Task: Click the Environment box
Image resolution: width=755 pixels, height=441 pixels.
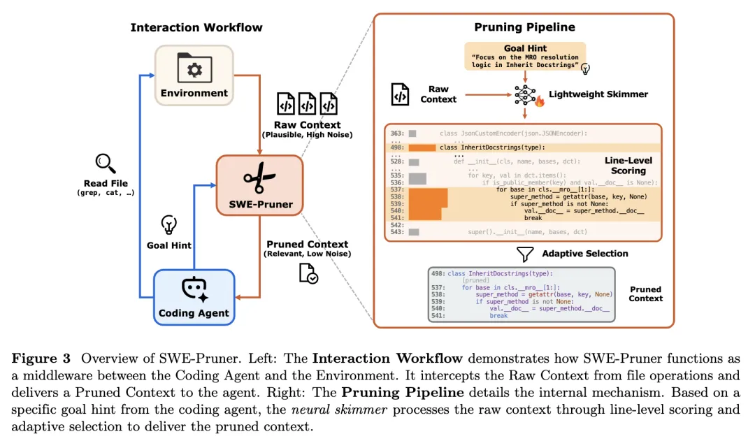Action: (x=194, y=75)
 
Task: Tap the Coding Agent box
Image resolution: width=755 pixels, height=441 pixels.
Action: (x=194, y=297)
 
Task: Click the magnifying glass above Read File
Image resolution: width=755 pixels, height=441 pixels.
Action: (x=106, y=164)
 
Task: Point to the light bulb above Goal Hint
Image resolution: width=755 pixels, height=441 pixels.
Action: (x=168, y=224)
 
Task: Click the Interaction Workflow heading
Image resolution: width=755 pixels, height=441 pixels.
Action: (x=196, y=28)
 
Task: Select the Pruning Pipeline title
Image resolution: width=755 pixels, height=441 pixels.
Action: (x=524, y=27)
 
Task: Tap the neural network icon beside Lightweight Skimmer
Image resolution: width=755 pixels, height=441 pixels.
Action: (x=525, y=94)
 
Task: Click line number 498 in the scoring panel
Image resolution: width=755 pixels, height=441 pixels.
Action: (x=397, y=147)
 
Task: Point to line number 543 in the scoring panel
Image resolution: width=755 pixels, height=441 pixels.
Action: (x=397, y=232)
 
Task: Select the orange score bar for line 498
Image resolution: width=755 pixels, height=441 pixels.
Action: (x=422, y=147)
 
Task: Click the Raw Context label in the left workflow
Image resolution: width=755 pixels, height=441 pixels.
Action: (x=307, y=125)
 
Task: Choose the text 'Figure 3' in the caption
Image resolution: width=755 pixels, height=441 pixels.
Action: (x=41, y=359)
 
